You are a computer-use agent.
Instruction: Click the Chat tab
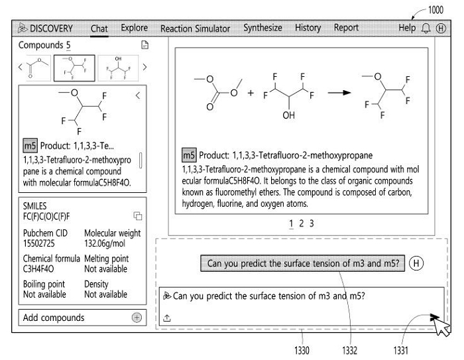point(99,29)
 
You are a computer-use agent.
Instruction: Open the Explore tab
point(135,28)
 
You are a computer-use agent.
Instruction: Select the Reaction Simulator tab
point(195,29)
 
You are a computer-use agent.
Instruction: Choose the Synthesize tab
point(262,28)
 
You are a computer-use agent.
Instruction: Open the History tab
point(308,28)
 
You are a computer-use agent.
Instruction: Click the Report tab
point(346,28)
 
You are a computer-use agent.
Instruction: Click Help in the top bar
point(407,28)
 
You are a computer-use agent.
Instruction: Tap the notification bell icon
point(426,29)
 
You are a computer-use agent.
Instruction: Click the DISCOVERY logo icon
point(23,28)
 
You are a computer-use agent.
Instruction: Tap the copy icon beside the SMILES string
point(138,216)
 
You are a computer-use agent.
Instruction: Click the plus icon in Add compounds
point(137,318)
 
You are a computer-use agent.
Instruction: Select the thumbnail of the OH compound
point(118,68)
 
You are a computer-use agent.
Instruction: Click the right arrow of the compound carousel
point(145,67)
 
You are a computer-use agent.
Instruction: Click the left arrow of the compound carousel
point(20,67)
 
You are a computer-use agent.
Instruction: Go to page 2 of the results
point(301,223)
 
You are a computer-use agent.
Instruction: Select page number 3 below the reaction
point(312,223)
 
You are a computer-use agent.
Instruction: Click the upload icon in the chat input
point(167,318)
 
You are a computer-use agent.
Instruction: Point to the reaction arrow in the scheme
point(339,93)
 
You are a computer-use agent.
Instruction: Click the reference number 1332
point(349,351)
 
